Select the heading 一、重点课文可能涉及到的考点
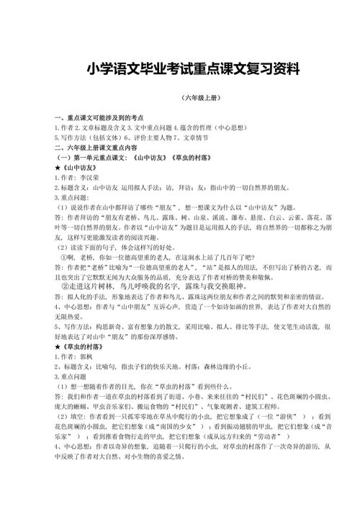point(99,117)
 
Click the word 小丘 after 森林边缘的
point(243,366)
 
